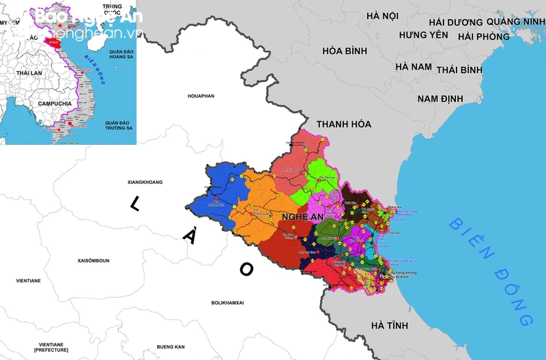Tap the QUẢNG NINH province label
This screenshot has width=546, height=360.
516,21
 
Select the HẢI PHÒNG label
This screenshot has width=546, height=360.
483,36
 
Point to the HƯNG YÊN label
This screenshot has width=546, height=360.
423,35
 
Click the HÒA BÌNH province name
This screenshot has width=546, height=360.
345,51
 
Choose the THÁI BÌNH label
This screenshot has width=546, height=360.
459,70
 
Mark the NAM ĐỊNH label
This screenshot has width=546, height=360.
440,99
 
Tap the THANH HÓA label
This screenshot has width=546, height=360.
343,124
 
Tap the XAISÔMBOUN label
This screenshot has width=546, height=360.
98,261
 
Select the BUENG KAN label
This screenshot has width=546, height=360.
171,347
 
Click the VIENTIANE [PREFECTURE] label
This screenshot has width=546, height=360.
51,347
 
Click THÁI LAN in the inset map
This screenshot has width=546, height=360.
29,73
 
